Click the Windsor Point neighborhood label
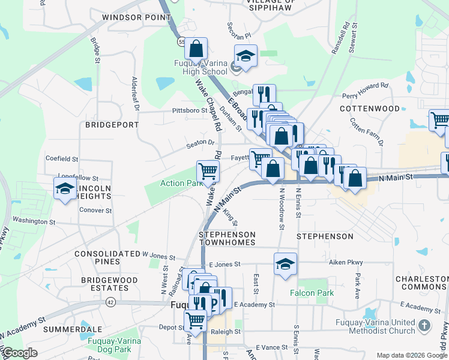pos(137,17)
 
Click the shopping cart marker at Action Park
pos(208,171)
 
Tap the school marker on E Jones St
pos(285,264)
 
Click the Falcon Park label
pos(312,293)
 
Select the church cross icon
pos(424,326)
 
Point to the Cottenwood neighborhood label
pos(370,109)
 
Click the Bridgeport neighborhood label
pos(112,125)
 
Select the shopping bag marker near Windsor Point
pos(196,48)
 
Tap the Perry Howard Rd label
pos(365,91)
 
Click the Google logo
pos(20,353)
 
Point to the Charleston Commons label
pos(422,283)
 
